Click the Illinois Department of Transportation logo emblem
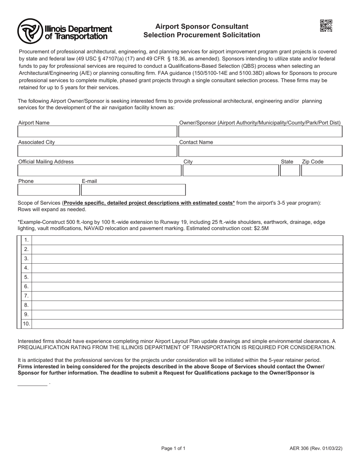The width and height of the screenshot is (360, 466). coord(30,31)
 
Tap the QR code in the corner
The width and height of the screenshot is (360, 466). coord(326,26)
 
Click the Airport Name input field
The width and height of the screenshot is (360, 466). coord(97,131)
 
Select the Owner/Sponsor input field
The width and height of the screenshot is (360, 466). coord(260,131)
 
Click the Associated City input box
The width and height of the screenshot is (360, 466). coord(97,151)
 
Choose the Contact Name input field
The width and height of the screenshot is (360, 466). coord(260,151)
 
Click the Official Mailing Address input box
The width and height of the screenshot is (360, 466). coord(99,170)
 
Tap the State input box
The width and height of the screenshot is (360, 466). coord(290,170)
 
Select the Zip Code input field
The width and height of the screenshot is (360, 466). coord(322,170)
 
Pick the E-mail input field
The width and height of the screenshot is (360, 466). coord(133,190)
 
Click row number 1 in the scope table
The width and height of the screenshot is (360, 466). coord(27,240)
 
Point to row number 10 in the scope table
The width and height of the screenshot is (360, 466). coord(27,324)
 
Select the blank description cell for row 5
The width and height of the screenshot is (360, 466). coord(188,277)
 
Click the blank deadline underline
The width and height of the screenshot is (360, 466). coord(32,383)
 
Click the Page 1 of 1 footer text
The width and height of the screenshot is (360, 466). coord(174,449)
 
